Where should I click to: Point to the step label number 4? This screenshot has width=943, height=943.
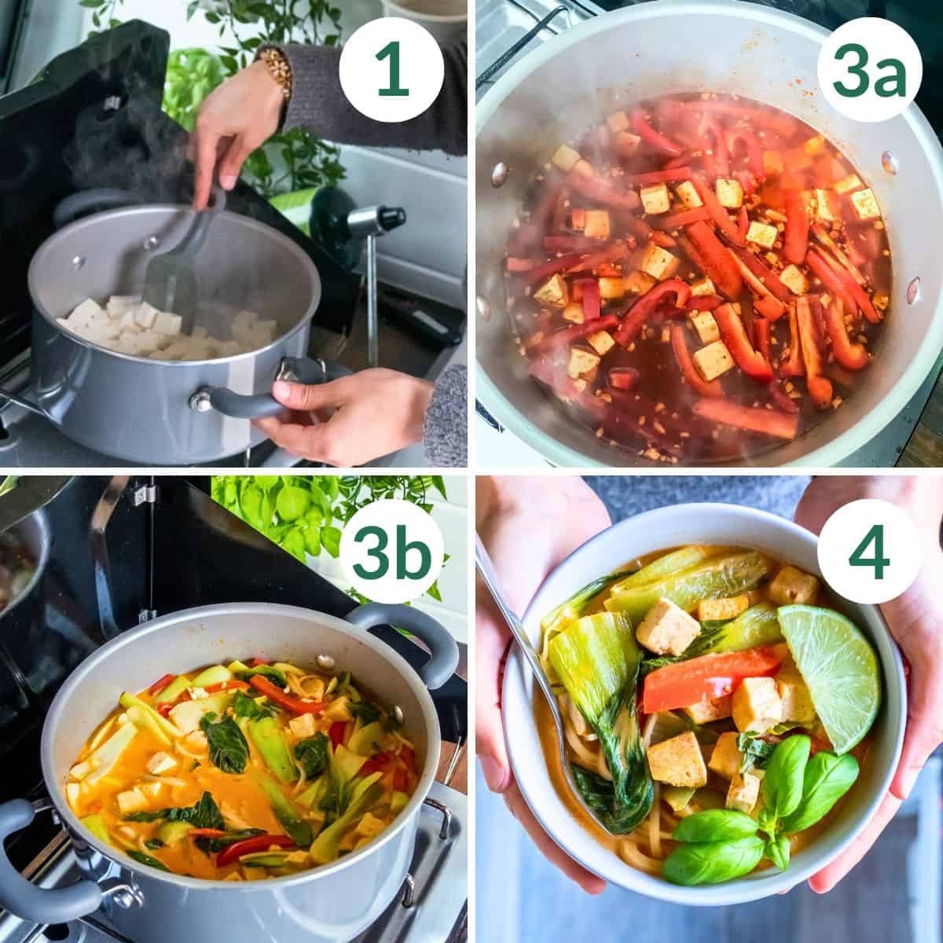pyautogui.click(x=857, y=556)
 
